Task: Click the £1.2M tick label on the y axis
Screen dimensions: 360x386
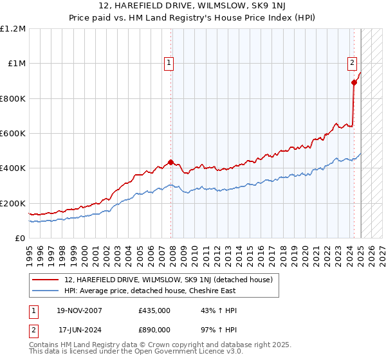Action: coord(13,29)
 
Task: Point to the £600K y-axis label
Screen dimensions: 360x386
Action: coord(13,134)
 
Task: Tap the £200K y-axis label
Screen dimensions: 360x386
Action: coord(13,203)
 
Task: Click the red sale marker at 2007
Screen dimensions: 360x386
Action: coord(170,163)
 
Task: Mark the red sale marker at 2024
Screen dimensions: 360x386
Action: coord(354,83)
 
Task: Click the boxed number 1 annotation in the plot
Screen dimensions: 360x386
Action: coord(169,63)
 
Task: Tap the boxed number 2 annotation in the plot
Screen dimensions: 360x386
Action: coord(353,63)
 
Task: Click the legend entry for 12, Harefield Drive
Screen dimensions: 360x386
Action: coord(169,280)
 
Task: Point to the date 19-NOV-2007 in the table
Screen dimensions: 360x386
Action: coord(80,310)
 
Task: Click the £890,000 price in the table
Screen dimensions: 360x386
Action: coord(154,328)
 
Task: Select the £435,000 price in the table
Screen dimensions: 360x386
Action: coord(154,310)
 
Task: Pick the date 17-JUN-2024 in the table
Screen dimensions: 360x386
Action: coord(80,328)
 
